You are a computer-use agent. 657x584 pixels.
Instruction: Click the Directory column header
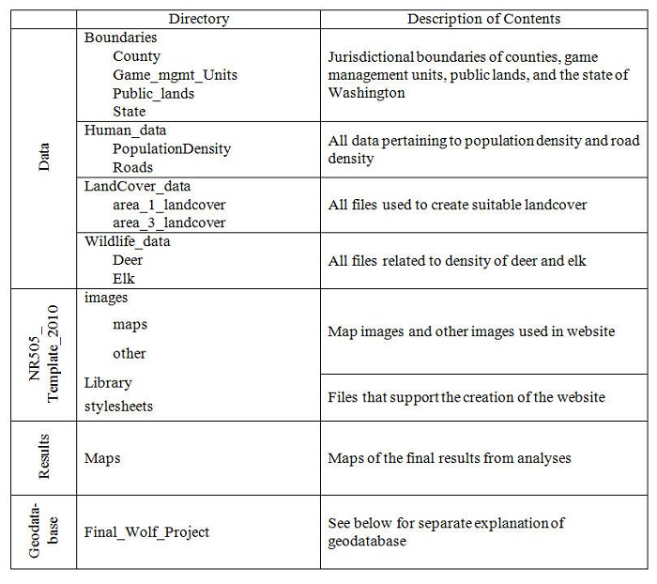[198, 19]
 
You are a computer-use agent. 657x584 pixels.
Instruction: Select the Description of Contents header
[483, 19]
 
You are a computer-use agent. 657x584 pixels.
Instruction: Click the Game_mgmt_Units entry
[175, 74]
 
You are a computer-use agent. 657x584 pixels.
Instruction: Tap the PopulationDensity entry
[172, 148]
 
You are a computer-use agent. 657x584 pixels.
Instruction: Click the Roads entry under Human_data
[132, 167]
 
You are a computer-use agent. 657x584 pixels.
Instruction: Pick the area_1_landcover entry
[169, 204]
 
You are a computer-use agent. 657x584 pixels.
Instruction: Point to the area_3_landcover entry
[169, 223]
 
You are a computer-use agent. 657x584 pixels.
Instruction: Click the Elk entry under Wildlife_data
[125, 278]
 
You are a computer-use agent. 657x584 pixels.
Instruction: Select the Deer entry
[128, 259]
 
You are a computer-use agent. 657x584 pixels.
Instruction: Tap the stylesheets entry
[118, 407]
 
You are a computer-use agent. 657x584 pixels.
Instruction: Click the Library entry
[108, 382]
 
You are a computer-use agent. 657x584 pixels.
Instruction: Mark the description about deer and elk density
[457, 260]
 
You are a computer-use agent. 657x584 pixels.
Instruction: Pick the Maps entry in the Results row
[102, 459]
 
